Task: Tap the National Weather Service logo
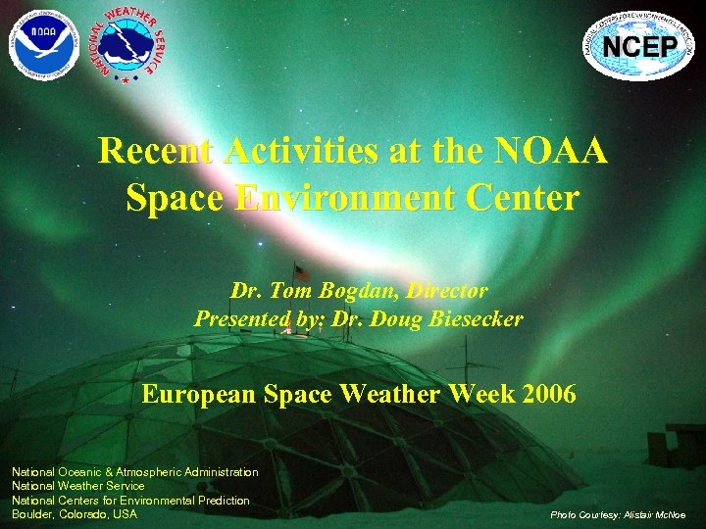click(x=126, y=43)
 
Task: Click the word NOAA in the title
click(x=553, y=152)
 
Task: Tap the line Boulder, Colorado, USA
click(x=75, y=514)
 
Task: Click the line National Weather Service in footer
click(x=77, y=486)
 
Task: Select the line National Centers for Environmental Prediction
click(x=130, y=500)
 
